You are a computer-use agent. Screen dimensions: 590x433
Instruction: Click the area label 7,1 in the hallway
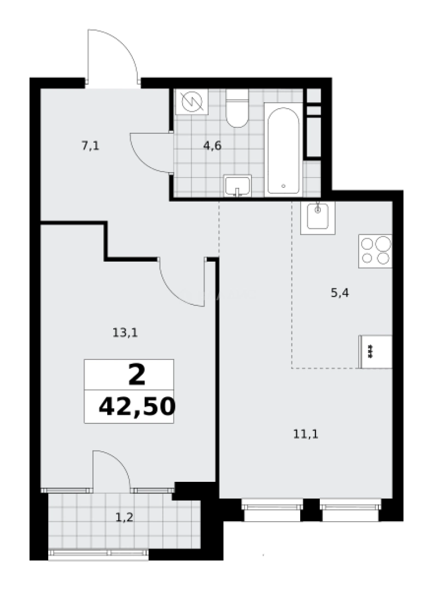coord(90,145)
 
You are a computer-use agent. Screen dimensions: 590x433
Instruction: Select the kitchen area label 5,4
coord(340,293)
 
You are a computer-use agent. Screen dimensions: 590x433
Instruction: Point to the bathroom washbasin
coord(237,185)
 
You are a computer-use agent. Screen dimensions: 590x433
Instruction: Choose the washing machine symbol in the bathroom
coord(191,102)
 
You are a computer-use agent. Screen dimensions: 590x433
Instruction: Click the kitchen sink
coord(318,216)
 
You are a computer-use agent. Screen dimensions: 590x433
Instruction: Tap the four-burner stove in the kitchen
coord(375,251)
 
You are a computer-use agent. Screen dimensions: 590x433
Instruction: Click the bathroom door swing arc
coord(150,153)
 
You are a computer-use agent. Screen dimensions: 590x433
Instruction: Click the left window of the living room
coord(272,510)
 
